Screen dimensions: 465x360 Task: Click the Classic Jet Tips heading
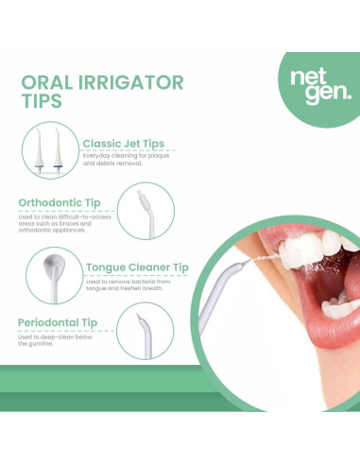[123, 144]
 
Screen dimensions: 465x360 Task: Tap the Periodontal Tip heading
[57, 323]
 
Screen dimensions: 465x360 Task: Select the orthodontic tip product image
[144, 210]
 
